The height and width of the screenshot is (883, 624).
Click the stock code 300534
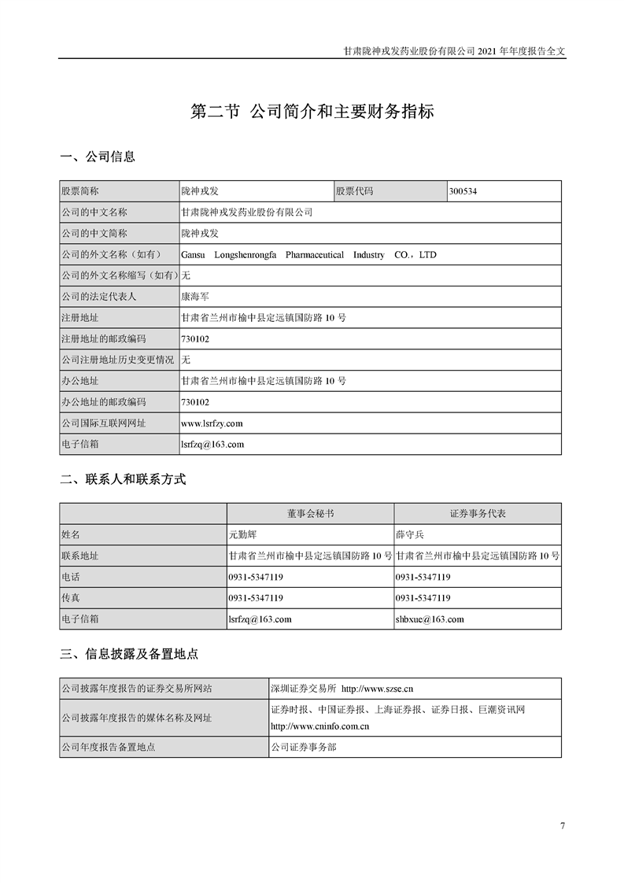coord(463,191)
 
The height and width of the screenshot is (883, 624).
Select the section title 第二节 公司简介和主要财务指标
coord(312,112)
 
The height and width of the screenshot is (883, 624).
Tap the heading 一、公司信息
coord(98,157)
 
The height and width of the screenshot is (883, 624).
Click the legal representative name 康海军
coord(195,297)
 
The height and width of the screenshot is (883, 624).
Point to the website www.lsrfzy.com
coord(212,423)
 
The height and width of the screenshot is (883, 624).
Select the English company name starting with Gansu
coord(308,255)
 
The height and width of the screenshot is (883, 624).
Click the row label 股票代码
coord(354,191)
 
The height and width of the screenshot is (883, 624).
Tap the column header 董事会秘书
coord(309,513)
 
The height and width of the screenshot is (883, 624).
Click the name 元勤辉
coord(242,534)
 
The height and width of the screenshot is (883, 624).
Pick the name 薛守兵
coord(409,534)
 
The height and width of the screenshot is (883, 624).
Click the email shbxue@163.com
coord(429,619)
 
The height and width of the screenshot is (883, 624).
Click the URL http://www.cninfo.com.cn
coord(319,726)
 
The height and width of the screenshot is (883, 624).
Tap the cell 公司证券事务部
coord(303,747)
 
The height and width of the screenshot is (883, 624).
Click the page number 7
coord(562,826)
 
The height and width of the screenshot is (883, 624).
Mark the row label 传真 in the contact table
coord(71,598)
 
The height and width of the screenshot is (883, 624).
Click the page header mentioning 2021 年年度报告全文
coord(455,49)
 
